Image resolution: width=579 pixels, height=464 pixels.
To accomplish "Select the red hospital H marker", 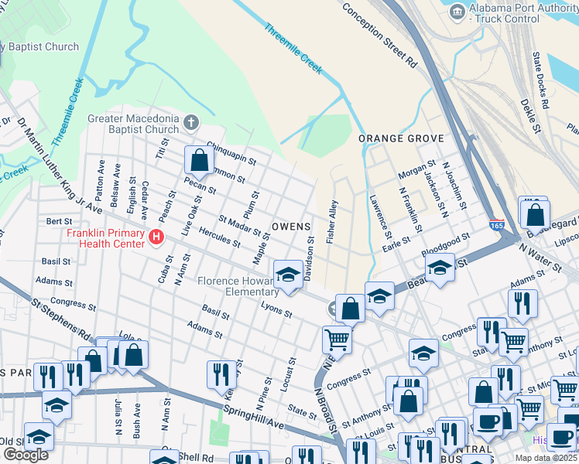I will (x=157, y=237).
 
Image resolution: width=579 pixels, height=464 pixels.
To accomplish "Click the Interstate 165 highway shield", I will (x=496, y=224).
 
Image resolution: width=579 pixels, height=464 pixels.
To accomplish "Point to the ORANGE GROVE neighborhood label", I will (x=401, y=138).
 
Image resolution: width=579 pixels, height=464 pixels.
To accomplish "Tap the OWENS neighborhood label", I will (x=291, y=227).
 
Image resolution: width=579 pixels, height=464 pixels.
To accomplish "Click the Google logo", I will (x=26, y=455).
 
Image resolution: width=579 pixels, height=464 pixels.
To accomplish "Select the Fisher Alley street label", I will (x=333, y=223).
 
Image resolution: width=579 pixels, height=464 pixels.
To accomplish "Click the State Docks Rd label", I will (x=540, y=80).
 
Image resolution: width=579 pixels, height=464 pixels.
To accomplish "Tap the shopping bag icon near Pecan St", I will (x=199, y=161).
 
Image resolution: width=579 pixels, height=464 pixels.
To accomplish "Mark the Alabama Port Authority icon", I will (x=457, y=12).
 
